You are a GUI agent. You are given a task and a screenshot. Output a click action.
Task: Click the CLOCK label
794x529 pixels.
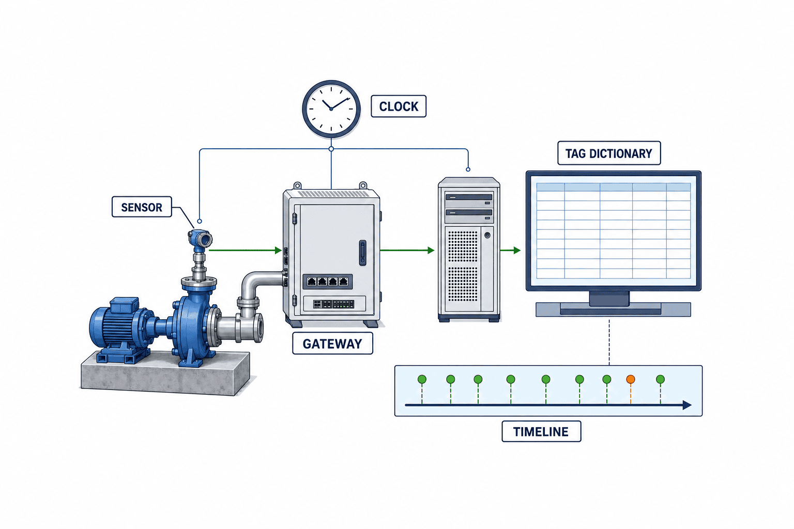point(399,106)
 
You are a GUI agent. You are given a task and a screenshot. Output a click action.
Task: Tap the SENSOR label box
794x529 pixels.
point(142,207)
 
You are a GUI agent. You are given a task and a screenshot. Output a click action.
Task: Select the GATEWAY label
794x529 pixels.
point(332,344)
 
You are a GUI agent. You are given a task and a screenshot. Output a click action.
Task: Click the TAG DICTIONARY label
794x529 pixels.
point(609,153)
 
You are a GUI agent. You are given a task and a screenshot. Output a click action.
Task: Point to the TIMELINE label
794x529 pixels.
point(541,431)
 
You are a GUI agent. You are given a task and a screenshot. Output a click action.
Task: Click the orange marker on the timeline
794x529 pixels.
point(631,380)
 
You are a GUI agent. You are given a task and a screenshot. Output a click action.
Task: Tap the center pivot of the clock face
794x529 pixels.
point(331,109)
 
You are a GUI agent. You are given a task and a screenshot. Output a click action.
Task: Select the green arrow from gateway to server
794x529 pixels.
point(407,250)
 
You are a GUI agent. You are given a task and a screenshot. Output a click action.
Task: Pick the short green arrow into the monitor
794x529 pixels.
point(510,250)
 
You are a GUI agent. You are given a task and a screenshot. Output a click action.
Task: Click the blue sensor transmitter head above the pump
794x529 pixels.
point(200,238)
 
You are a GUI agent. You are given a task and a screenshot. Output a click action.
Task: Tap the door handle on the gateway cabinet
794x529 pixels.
point(362,252)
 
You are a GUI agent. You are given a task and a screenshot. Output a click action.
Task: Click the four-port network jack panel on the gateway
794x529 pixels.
point(328,282)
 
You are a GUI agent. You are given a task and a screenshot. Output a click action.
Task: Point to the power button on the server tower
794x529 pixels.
point(487,235)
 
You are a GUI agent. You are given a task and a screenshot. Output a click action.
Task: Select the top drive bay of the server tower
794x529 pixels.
point(469,198)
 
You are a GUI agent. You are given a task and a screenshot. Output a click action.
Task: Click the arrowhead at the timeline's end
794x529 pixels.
point(687,405)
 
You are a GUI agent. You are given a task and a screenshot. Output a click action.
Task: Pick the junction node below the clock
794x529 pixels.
point(331,149)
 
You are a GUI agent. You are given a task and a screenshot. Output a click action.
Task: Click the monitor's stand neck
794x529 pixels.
point(609,298)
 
